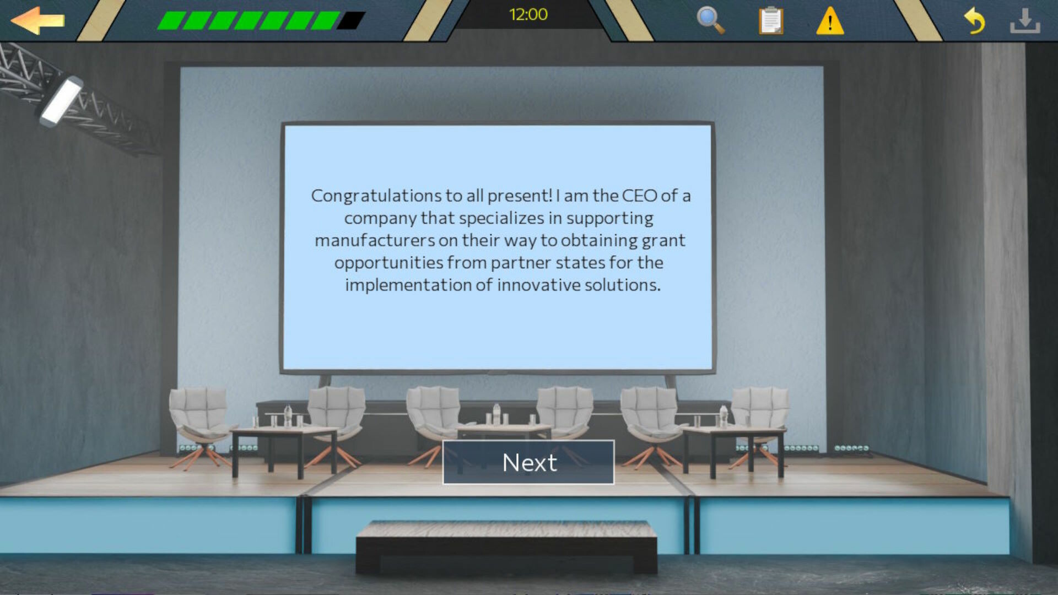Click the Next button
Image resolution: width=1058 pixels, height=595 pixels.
(528, 462)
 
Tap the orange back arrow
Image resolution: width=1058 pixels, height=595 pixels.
(37, 21)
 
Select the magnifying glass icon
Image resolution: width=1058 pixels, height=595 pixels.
(710, 20)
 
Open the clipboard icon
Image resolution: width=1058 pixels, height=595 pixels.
(771, 21)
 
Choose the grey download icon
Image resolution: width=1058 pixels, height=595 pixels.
(1025, 21)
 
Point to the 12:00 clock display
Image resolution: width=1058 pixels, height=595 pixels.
(528, 14)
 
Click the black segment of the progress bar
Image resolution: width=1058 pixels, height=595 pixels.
(351, 21)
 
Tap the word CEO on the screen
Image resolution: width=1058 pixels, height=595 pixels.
(639, 196)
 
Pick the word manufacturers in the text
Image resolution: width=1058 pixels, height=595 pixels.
(375, 240)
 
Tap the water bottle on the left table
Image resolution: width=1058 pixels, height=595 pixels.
(288, 415)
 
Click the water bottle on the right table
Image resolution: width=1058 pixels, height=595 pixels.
(724, 416)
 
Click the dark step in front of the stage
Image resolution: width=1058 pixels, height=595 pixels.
(506, 547)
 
